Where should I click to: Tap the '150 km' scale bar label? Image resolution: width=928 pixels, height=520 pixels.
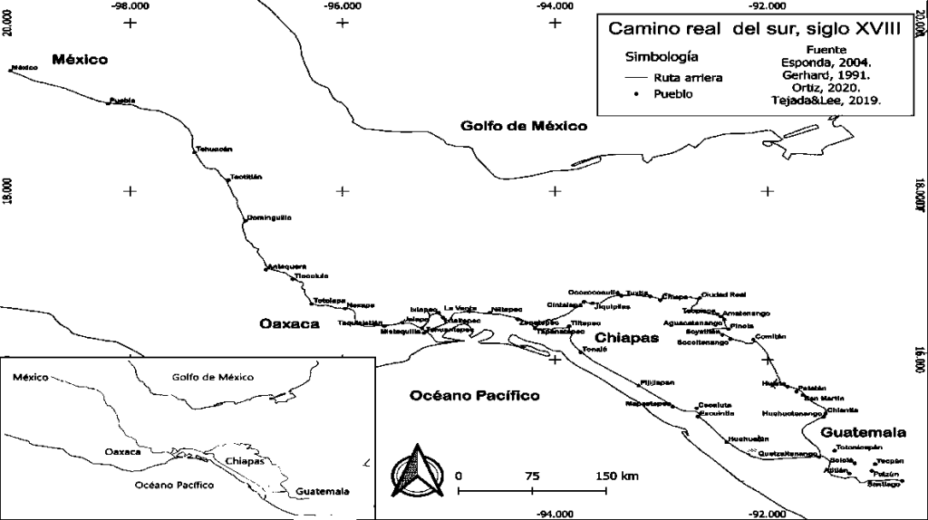click(x=617, y=476)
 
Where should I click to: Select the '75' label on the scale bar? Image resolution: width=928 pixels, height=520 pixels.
click(x=532, y=476)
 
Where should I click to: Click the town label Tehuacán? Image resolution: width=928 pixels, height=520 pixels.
click(x=215, y=149)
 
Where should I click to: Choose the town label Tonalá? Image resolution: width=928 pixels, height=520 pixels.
click(x=594, y=349)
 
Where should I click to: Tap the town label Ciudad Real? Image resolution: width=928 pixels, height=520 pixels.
click(x=723, y=295)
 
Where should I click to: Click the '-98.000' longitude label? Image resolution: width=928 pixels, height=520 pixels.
click(x=129, y=5)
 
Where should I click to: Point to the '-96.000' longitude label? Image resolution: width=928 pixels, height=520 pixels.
click(x=342, y=5)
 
